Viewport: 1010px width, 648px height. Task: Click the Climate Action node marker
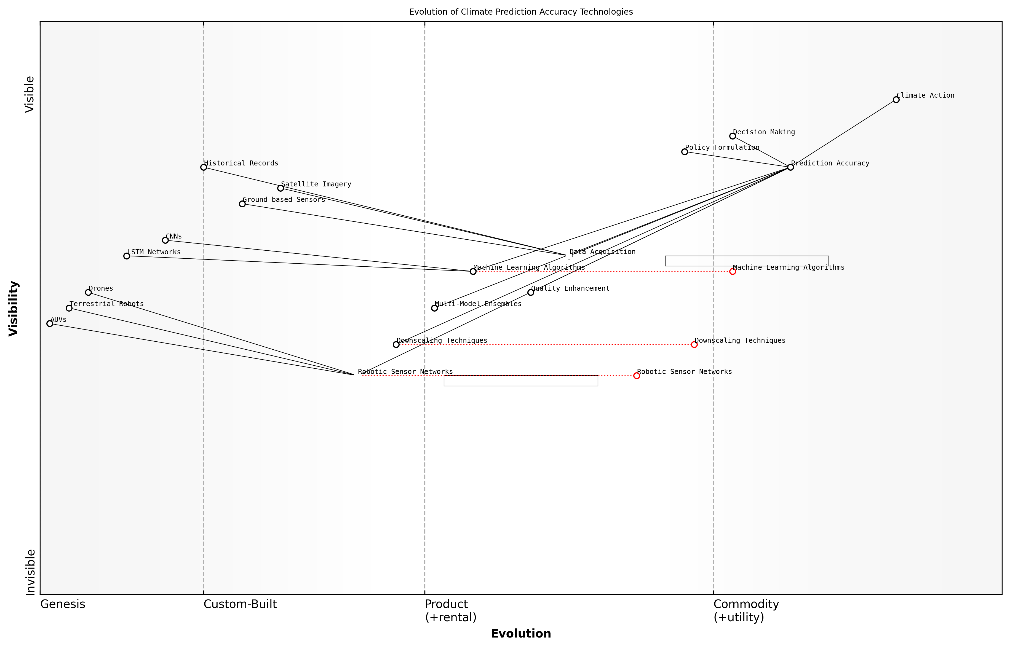[x=896, y=100]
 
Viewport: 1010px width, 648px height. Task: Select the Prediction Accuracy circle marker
[x=790, y=167]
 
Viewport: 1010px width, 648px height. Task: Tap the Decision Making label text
[x=764, y=132]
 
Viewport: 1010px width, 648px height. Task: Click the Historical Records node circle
[x=204, y=167]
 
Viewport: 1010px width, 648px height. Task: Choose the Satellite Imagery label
[x=316, y=184]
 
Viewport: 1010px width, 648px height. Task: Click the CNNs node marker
[x=165, y=240]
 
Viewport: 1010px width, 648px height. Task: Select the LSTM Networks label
[x=154, y=252]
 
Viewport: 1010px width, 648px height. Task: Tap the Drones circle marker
[x=88, y=293]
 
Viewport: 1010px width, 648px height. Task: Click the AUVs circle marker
[x=50, y=323]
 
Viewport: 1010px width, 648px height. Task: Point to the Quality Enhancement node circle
[x=531, y=293]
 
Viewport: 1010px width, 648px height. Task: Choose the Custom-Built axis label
[x=240, y=604]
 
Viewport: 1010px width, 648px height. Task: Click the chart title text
[x=520, y=12]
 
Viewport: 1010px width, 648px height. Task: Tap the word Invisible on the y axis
[x=30, y=572]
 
